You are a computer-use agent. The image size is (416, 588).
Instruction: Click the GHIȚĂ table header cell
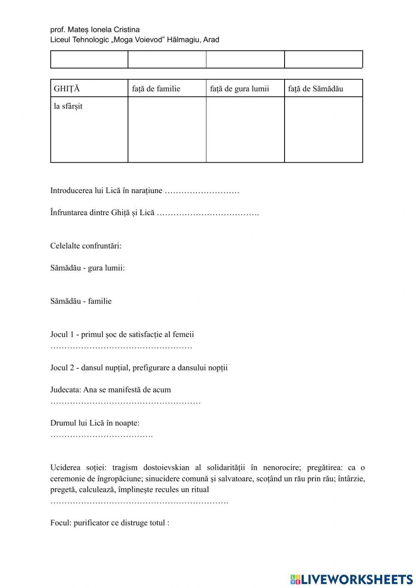(89, 89)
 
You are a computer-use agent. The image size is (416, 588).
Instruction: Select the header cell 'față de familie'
(167, 89)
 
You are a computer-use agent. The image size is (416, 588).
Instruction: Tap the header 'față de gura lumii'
(245, 89)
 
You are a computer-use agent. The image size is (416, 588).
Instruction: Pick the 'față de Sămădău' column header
(323, 89)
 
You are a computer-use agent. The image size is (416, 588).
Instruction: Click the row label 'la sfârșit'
(68, 106)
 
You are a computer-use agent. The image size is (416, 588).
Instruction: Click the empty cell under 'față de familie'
(167, 129)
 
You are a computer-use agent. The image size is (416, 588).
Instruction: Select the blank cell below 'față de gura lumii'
(245, 129)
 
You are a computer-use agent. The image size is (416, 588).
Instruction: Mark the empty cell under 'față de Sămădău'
(323, 129)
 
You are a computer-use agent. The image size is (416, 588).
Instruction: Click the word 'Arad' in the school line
(211, 40)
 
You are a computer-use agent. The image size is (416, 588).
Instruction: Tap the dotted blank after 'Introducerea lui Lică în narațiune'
(202, 191)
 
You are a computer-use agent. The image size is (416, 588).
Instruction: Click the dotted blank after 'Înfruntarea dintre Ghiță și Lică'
(208, 213)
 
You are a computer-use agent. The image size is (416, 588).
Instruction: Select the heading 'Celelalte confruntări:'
(86, 246)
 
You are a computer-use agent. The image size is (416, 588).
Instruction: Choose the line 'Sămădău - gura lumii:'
(87, 268)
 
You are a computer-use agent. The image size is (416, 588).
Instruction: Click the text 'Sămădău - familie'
(81, 301)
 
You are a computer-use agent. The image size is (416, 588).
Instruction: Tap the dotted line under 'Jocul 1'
(121, 347)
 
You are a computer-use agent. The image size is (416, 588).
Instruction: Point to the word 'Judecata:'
(66, 390)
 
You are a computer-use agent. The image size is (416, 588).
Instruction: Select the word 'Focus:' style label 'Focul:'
(61, 523)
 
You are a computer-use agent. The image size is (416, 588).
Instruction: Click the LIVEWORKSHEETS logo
(352, 579)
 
